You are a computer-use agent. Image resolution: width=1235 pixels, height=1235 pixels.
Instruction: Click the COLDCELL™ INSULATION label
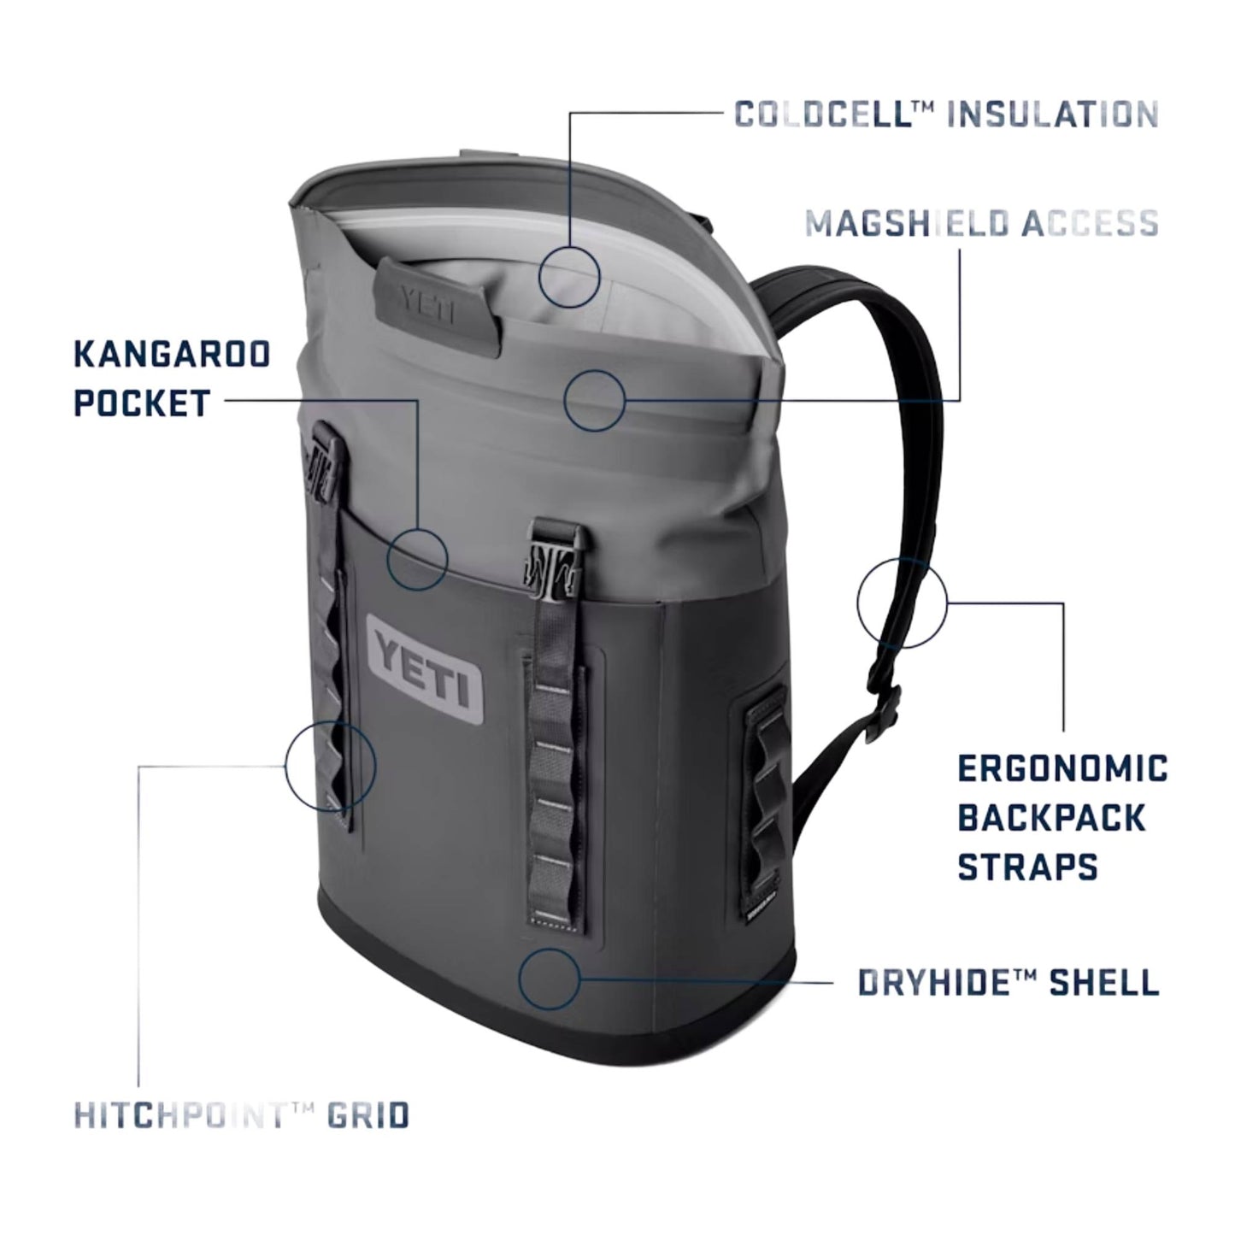[x=946, y=114]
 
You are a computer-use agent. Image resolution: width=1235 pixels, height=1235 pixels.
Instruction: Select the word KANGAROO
[x=172, y=355]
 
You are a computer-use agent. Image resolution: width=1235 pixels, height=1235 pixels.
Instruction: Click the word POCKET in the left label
[x=142, y=403]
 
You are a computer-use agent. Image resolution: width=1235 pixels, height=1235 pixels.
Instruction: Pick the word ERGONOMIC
[x=1062, y=768]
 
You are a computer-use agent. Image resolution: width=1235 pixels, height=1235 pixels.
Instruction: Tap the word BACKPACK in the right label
[x=1052, y=817]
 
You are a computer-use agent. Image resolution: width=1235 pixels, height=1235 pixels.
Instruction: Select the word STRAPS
[x=1026, y=866]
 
